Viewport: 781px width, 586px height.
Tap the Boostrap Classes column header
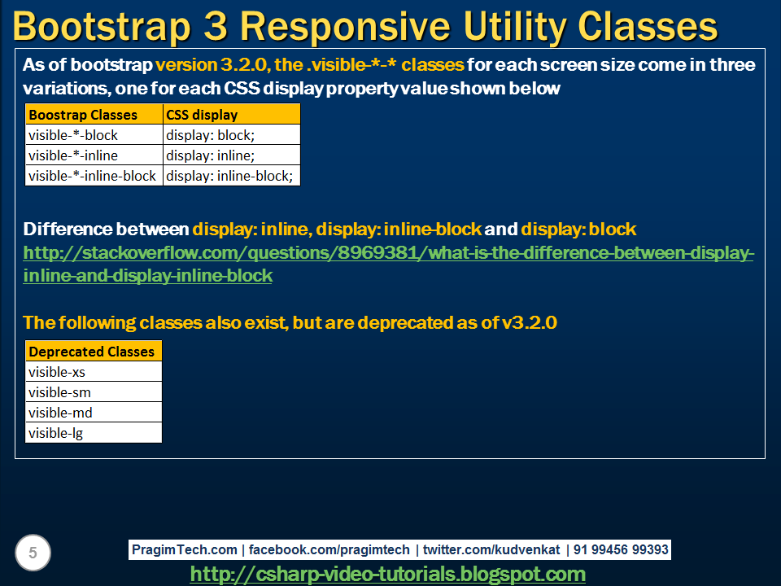(x=83, y=115)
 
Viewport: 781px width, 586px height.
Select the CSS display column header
(x=202, y=115)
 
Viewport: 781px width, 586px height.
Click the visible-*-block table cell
(x=73, y=135)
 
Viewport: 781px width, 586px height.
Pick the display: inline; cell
(x=210, y=155)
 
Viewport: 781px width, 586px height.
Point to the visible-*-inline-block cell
(x=92, y=175)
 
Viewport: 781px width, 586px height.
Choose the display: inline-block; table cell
(x=229, y=175)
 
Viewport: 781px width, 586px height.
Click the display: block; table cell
(x=210, y=135)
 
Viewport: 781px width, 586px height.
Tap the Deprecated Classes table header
(x=91, y=352)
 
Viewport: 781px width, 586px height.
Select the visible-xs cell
(x=57, y=372)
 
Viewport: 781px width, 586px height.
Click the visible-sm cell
(x=59, y=392)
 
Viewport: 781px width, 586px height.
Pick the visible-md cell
(x=60, y=413)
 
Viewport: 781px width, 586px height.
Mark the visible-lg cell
(x=56, y=433)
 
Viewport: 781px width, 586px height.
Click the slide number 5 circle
(x=33, y=553)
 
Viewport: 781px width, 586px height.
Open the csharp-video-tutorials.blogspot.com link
(x=387, y=574)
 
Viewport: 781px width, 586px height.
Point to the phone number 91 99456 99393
(x=621, y=549)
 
